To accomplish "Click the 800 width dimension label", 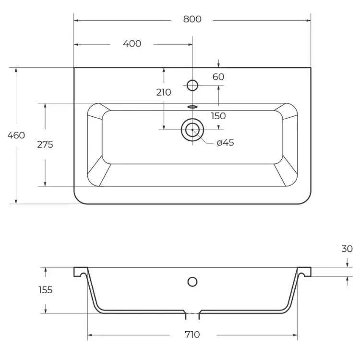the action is tap(192, 19).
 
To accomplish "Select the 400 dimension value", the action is tap(132, 44).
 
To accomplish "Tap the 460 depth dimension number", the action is tap(16, 135).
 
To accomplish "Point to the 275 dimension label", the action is tap(45, 145).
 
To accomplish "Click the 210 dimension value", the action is tap(164, 92).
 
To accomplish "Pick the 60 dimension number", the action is tap(218, 77).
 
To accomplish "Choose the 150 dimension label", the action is tap(218, 116).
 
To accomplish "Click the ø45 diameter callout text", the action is tap(225, 143).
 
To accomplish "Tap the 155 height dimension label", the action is tap(46, 290).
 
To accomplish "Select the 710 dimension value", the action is tap(192, 335).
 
